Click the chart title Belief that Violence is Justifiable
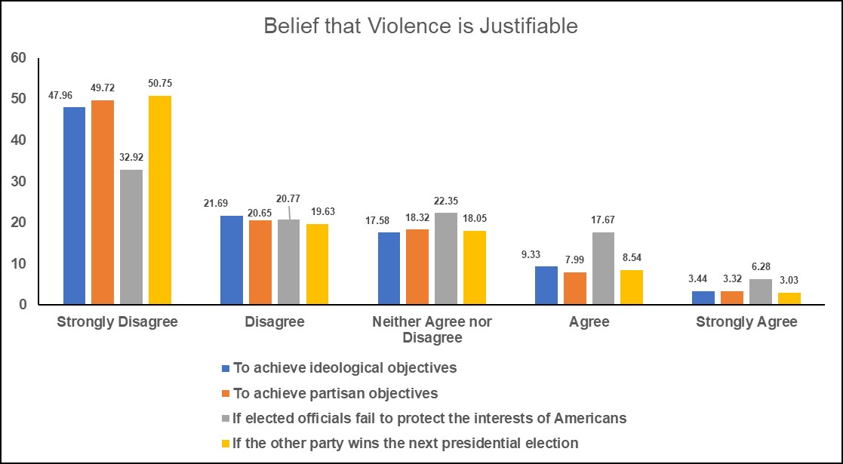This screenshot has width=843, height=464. [420, 26]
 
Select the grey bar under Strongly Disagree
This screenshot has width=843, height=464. [131, 237]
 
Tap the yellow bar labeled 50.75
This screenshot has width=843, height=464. [160, 200]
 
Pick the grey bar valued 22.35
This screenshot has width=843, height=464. [446, 259]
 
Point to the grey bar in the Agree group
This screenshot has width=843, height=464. [603, 269]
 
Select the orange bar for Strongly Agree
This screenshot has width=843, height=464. [732, 298]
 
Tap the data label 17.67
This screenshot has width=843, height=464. [603, 221]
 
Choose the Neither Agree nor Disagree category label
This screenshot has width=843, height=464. [432, 329]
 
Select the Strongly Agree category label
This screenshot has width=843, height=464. [746, 322]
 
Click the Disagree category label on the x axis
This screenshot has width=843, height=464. [275, 322]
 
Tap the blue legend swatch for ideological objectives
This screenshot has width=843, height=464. [225, 369]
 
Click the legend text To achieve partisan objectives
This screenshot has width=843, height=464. [336, 393]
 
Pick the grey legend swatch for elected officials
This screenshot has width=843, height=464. [225, 418]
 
